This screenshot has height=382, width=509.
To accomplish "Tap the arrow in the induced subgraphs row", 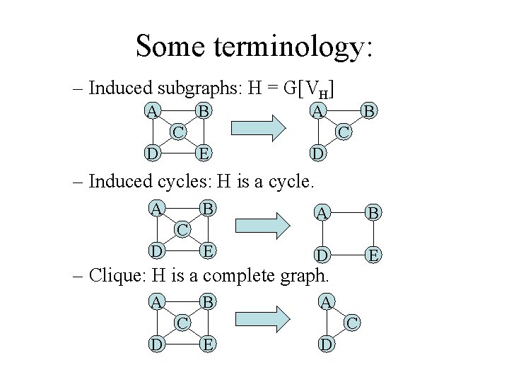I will (x=258, y=132).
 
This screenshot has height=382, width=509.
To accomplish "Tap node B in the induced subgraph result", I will (x=368, y=111).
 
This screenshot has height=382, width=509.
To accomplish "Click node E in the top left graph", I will (x=204, y=152).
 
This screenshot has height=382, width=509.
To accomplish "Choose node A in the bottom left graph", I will (x=155, y=302).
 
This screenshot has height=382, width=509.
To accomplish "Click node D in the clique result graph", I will (x=324, y=345).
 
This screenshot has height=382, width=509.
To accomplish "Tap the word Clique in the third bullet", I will (x=115, y=274).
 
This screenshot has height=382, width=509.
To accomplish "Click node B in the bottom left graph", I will (x=205, y=302).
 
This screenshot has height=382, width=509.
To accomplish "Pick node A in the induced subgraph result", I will (x=318, y=111).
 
